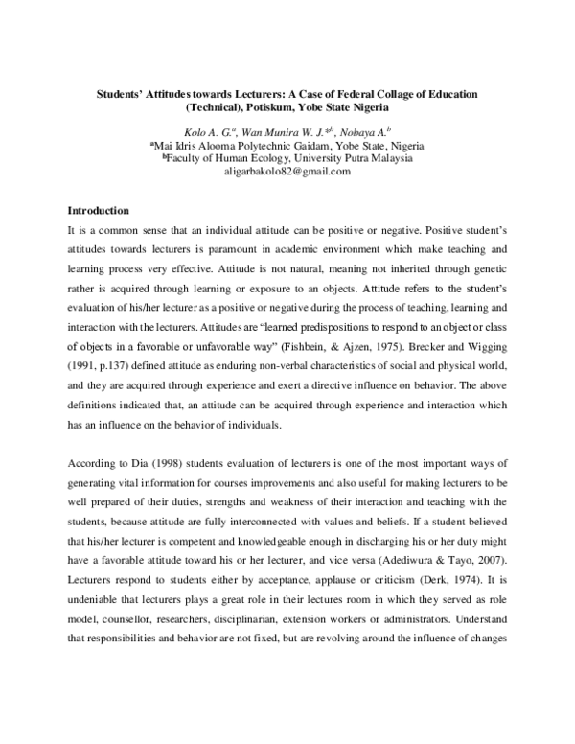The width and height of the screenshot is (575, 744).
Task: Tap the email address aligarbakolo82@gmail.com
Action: pyautogui.click(x=287, y=171)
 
